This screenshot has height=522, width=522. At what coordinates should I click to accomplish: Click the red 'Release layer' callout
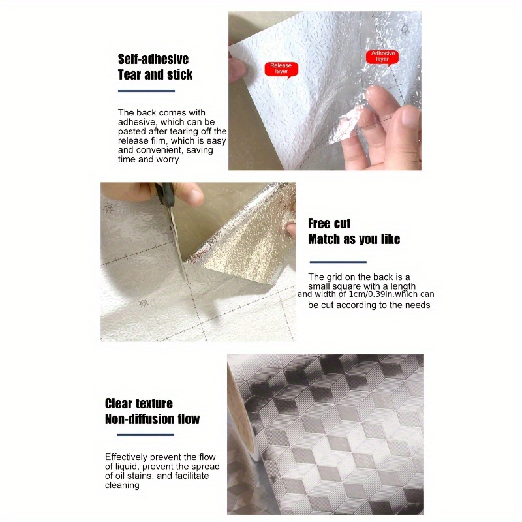[x=281, y=68]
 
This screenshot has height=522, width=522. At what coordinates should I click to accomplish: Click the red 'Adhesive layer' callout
[x=382, y=57]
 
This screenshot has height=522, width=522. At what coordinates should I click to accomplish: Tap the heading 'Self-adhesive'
[x=153, y=59]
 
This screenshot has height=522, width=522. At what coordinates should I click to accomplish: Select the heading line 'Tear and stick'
[x=155, y=74]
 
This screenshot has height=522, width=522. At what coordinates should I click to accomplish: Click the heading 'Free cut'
[x=330, y=224]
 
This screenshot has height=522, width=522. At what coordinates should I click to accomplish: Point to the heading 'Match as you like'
[x=354, y=239]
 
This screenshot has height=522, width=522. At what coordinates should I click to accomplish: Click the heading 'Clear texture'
[x=138, y=403]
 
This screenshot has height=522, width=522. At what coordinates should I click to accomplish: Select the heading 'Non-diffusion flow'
[x=152, y=419]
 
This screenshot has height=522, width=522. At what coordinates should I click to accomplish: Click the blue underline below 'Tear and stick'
[x=146, y=91]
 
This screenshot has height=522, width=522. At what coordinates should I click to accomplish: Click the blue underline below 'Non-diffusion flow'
[x=140, y=435]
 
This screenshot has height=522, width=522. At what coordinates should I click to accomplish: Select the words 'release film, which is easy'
[x=172, y=140]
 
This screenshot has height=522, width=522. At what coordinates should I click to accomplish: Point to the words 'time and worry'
[x=148, y=159]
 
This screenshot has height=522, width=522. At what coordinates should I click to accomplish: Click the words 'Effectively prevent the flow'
[x=160, y=457]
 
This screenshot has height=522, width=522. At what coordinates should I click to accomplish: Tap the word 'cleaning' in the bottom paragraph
[x=122, y=485]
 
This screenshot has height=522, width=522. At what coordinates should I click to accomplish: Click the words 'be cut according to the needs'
[x=369, y=305]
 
